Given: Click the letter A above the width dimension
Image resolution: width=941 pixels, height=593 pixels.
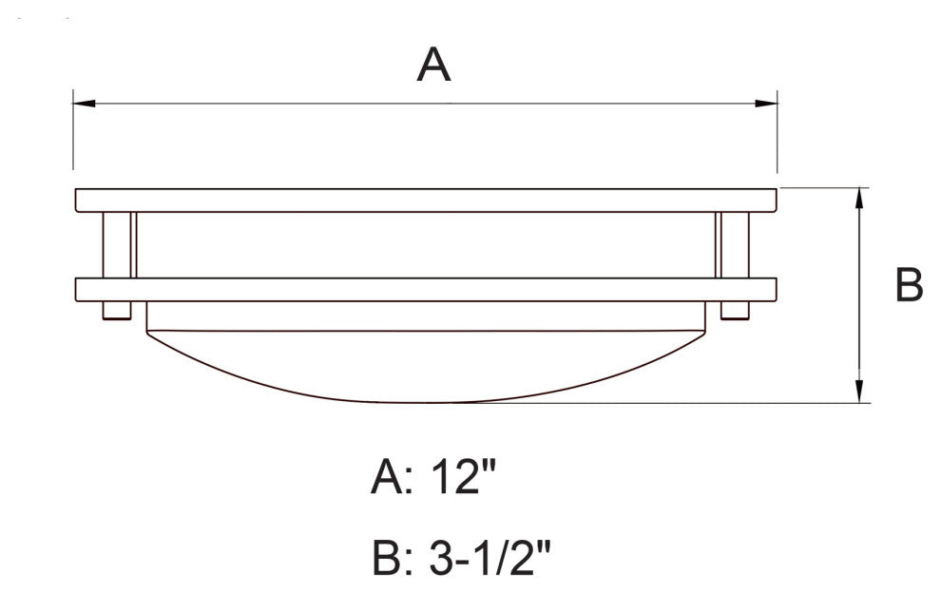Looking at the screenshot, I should tap(433, 66).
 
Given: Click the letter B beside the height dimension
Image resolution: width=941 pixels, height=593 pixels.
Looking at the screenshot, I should tap(909, 285).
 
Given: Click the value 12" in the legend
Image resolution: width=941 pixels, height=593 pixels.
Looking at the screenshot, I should tap(463, 476).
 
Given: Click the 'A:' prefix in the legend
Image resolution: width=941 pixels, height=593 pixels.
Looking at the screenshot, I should tap(391, 476).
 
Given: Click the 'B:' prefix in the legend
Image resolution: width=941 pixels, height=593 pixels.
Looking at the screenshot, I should tap(391, 560).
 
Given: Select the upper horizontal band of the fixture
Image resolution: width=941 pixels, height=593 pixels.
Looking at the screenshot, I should tap(426, 201).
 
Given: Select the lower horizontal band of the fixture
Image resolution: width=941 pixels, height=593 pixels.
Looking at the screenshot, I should tap(426, 290).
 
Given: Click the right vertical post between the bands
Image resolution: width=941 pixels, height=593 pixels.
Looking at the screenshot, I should tap(734, 245).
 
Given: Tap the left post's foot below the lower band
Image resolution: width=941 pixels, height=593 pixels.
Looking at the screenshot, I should tap(118, 311).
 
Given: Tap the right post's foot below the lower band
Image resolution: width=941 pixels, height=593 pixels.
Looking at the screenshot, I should tap(735, 311).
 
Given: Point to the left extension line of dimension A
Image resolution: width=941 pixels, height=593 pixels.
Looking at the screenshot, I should tap(74, 133).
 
